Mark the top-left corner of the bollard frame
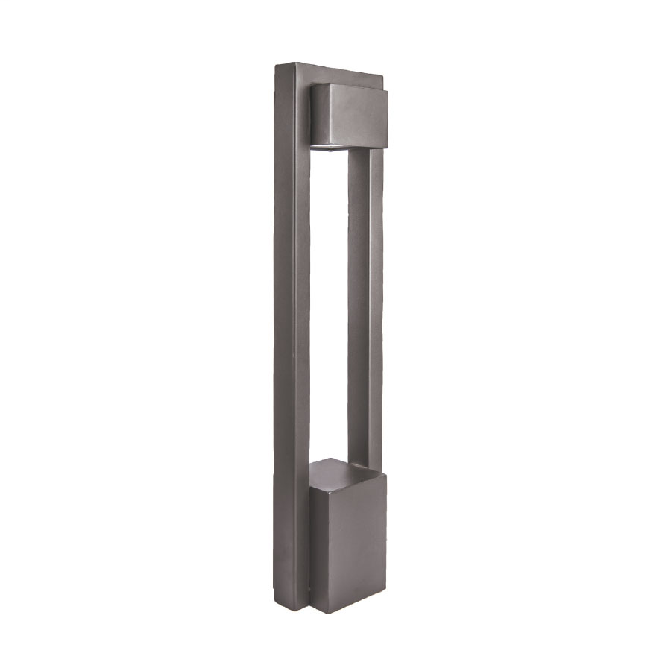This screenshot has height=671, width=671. (x=277, y=65)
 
